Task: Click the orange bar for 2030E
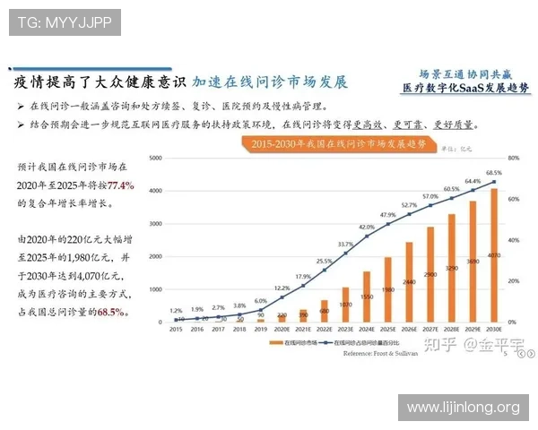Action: tap(494, 255)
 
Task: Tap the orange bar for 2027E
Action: tap(430, 274)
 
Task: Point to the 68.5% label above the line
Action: tap(494, 172)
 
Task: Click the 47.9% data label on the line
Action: tap(387, 215)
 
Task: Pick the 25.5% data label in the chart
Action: tap(324, 261)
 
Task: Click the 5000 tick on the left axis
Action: tap(155, 158)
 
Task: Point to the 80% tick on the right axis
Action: tap(514, 158)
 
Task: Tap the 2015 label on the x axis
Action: tap(177, 329)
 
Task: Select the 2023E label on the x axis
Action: tap(345, 329)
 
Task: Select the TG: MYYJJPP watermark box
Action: tap(65, 22)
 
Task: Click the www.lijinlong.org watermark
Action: tap(463, 408)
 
